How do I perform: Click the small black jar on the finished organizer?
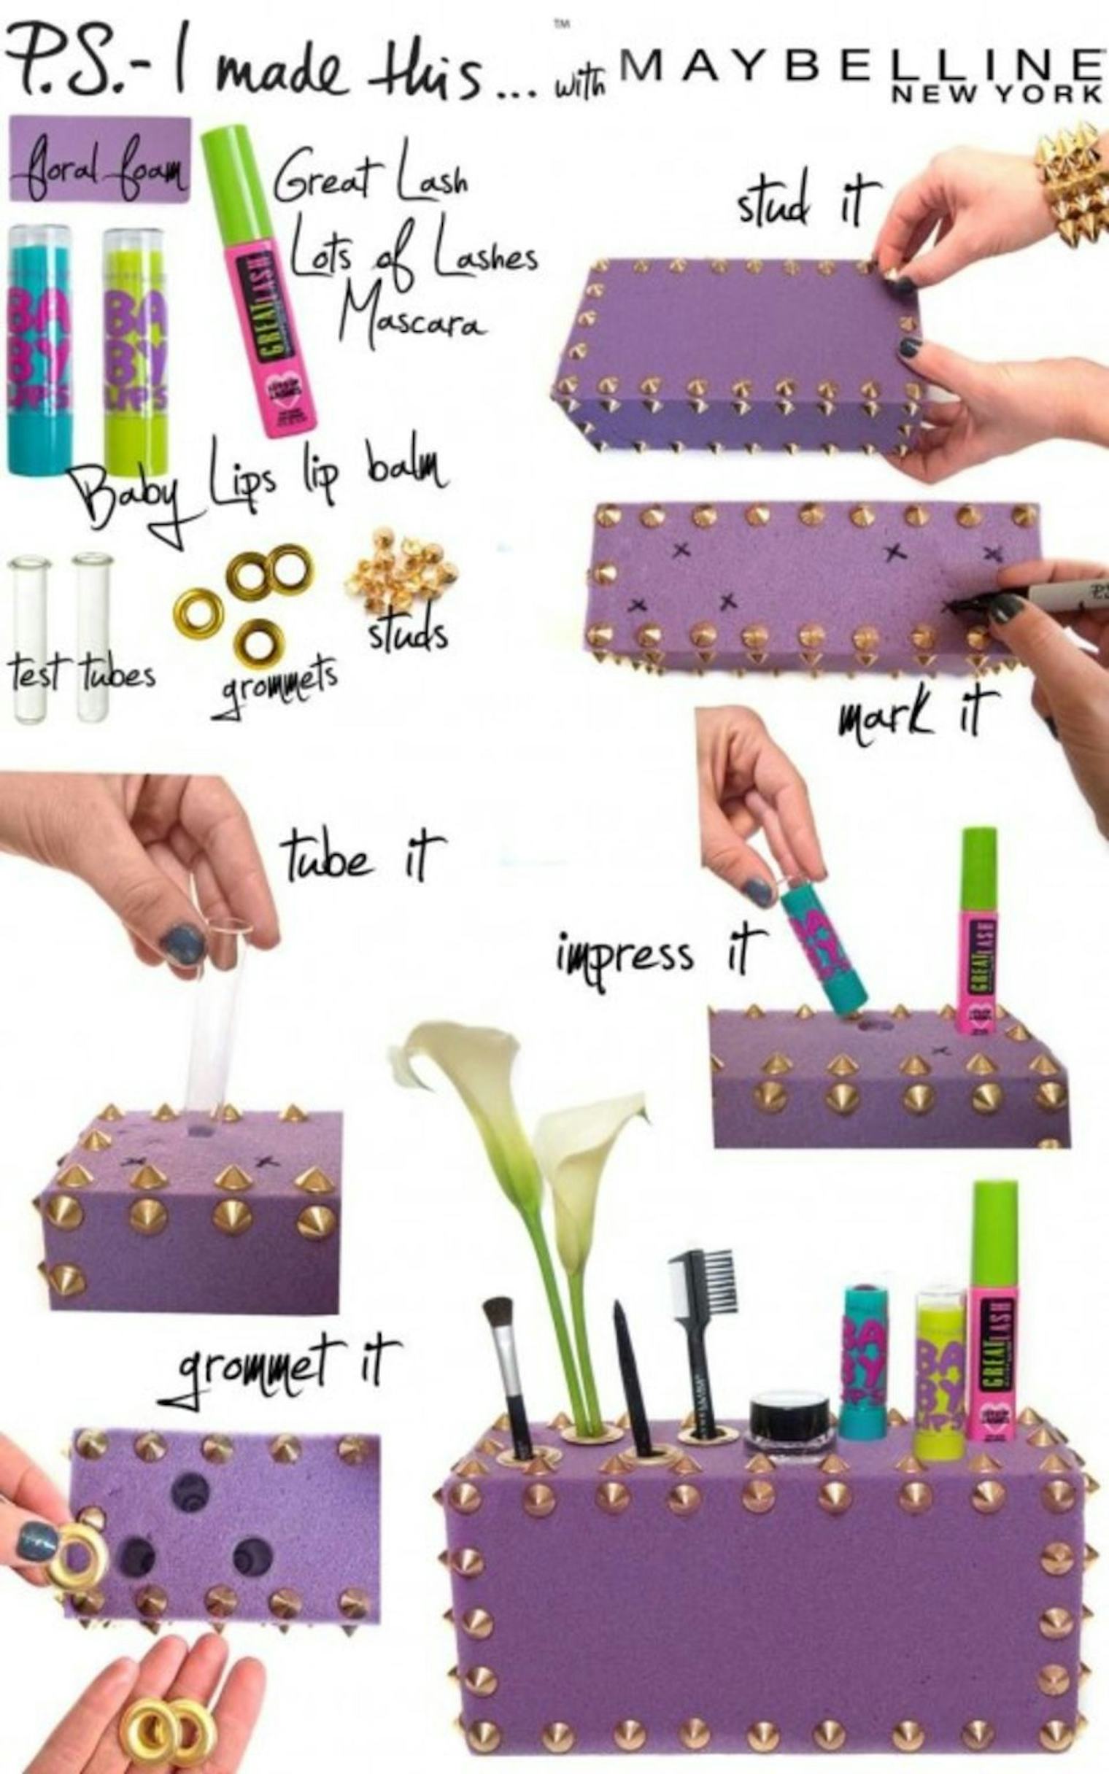click(x=789, y=1417)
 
